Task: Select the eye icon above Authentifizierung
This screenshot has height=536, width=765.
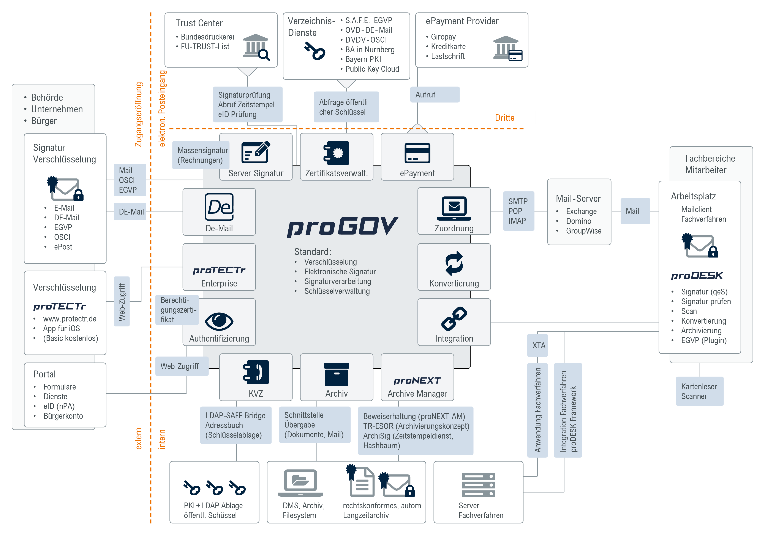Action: [219, 321]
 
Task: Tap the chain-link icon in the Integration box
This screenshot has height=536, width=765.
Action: [454, 318]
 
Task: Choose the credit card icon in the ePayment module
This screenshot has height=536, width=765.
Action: [417, 153]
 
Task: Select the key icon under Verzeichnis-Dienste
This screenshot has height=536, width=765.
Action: [315, 51]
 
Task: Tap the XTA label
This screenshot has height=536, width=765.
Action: [538, 345]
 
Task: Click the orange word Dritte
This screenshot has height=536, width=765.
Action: [504, 118]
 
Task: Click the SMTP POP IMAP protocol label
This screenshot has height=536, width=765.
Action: [518, 211]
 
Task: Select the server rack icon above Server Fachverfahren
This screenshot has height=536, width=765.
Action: [479, 485]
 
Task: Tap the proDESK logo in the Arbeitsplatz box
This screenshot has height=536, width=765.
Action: [697, 275]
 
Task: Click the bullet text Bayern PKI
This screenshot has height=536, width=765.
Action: [363, 59]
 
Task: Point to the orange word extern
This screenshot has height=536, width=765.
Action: [139, 439]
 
